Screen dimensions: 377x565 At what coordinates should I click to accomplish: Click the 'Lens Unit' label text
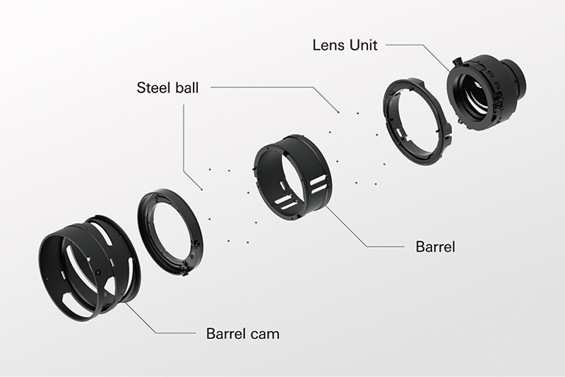pos(345,45)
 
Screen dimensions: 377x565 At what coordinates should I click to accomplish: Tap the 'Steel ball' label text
pos(167,88)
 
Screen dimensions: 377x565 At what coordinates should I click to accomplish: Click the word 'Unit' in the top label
pos(363,45)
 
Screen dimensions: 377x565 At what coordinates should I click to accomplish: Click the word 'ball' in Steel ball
pos(184,88)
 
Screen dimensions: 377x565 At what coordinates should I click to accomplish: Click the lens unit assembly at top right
pos(487,92)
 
